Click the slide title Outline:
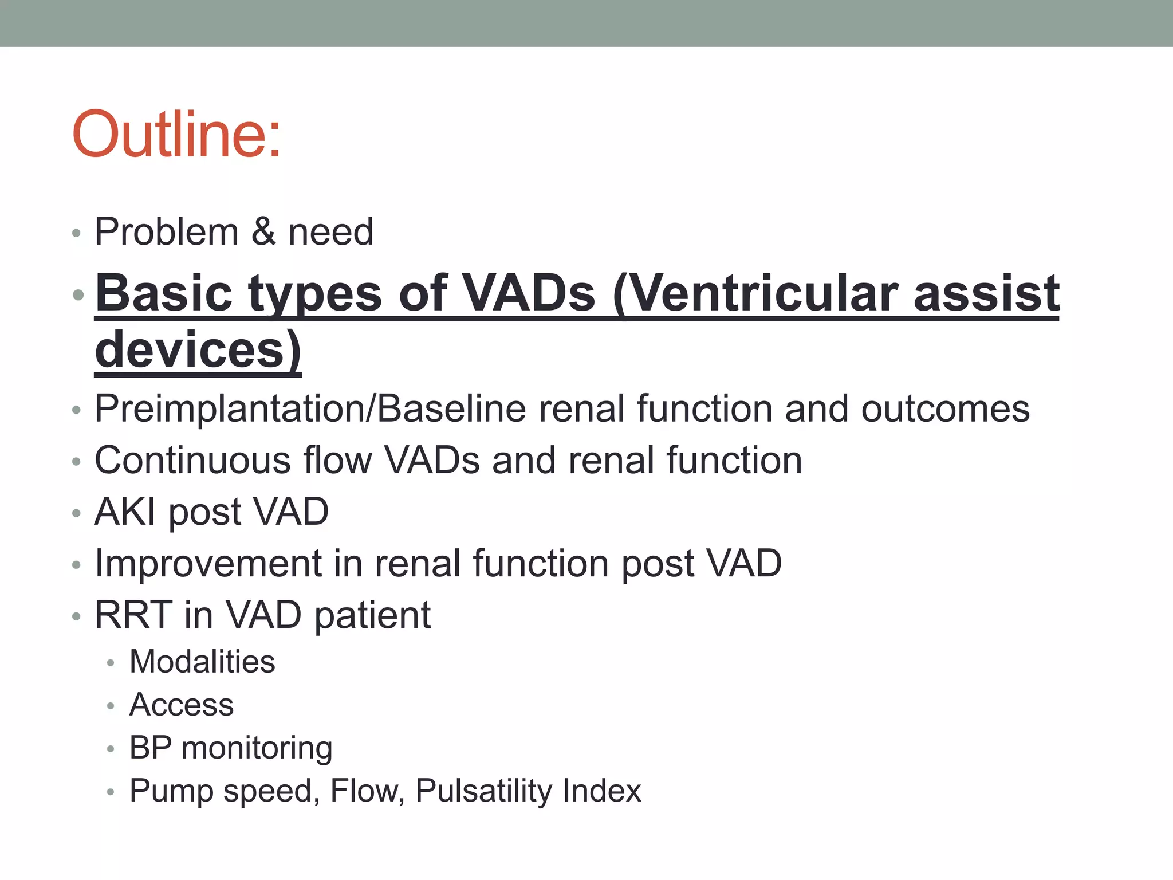click(176, 134)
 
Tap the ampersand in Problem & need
click(263, 231)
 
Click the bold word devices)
click(198, 349)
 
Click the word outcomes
click(945, 409)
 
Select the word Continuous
click(192, 460)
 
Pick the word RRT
click(133, 615)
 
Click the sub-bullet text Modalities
click(202, 662)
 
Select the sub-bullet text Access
click(182, 704)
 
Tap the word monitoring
click(257, 748)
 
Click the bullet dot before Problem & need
click(77, 233)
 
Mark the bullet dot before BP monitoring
click(111, 749)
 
